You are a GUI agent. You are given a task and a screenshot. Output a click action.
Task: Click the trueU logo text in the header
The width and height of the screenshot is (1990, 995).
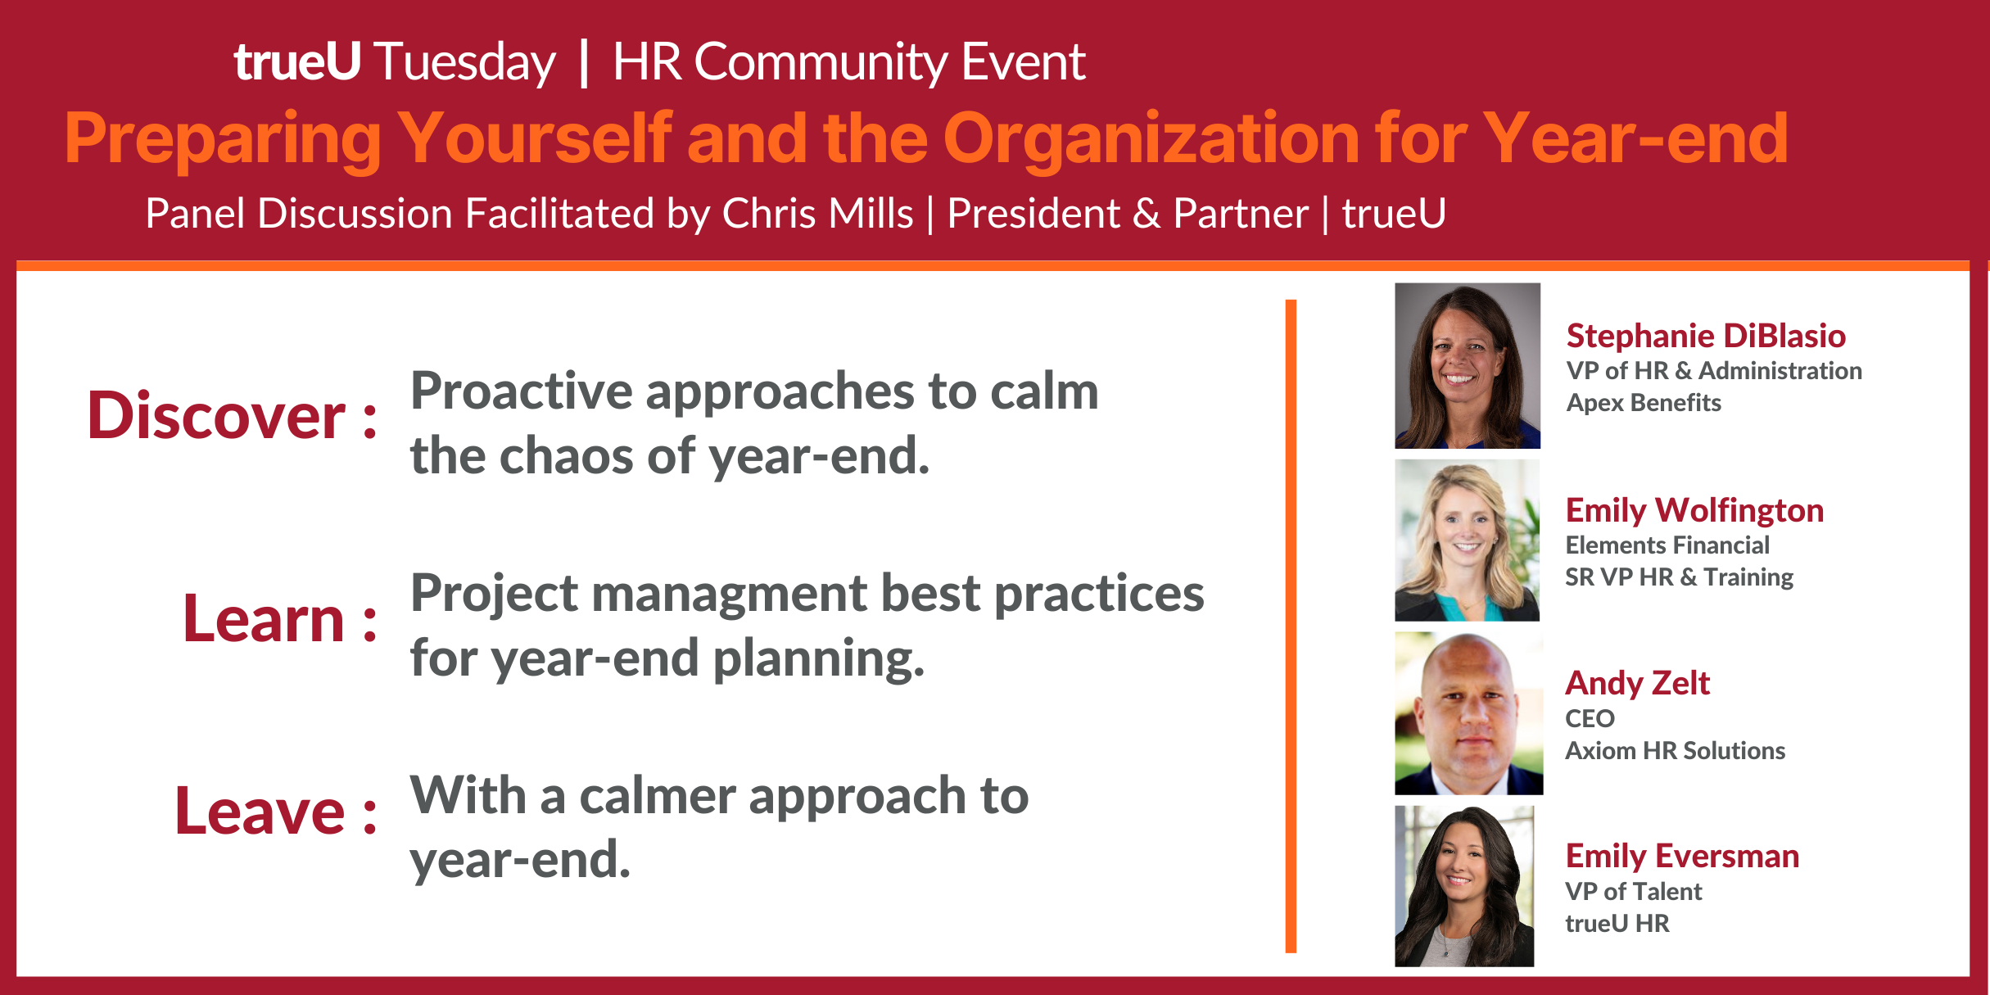[297, 61]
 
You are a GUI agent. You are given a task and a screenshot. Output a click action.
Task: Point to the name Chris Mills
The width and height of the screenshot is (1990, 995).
[817, 214]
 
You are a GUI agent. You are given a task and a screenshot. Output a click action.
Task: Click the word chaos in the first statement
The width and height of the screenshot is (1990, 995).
[567, 455]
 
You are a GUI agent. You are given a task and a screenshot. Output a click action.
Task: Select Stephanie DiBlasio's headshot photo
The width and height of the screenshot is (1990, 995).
[1468, 365]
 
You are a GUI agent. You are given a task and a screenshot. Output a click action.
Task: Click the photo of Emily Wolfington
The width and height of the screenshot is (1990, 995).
[1468, 540]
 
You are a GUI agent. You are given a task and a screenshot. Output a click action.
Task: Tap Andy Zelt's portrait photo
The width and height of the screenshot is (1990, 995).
[1469, 713]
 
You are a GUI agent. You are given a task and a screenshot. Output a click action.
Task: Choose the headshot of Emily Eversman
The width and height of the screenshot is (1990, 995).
[1464, 886]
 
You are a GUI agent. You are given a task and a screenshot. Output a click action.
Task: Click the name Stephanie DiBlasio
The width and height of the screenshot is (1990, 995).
[1706, 336]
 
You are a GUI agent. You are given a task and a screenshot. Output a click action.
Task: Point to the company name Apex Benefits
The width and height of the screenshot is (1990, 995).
[1644, 403]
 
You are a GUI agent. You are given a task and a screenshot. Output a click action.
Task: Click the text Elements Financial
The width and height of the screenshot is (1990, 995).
[1667, 545]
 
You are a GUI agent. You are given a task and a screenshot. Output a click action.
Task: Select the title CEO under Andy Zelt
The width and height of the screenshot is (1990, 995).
[1590, 718]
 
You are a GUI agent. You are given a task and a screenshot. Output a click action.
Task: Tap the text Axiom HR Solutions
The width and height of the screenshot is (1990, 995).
[1676, 751]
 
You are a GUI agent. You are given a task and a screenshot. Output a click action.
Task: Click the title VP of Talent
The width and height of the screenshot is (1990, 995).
[1634, 891]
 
